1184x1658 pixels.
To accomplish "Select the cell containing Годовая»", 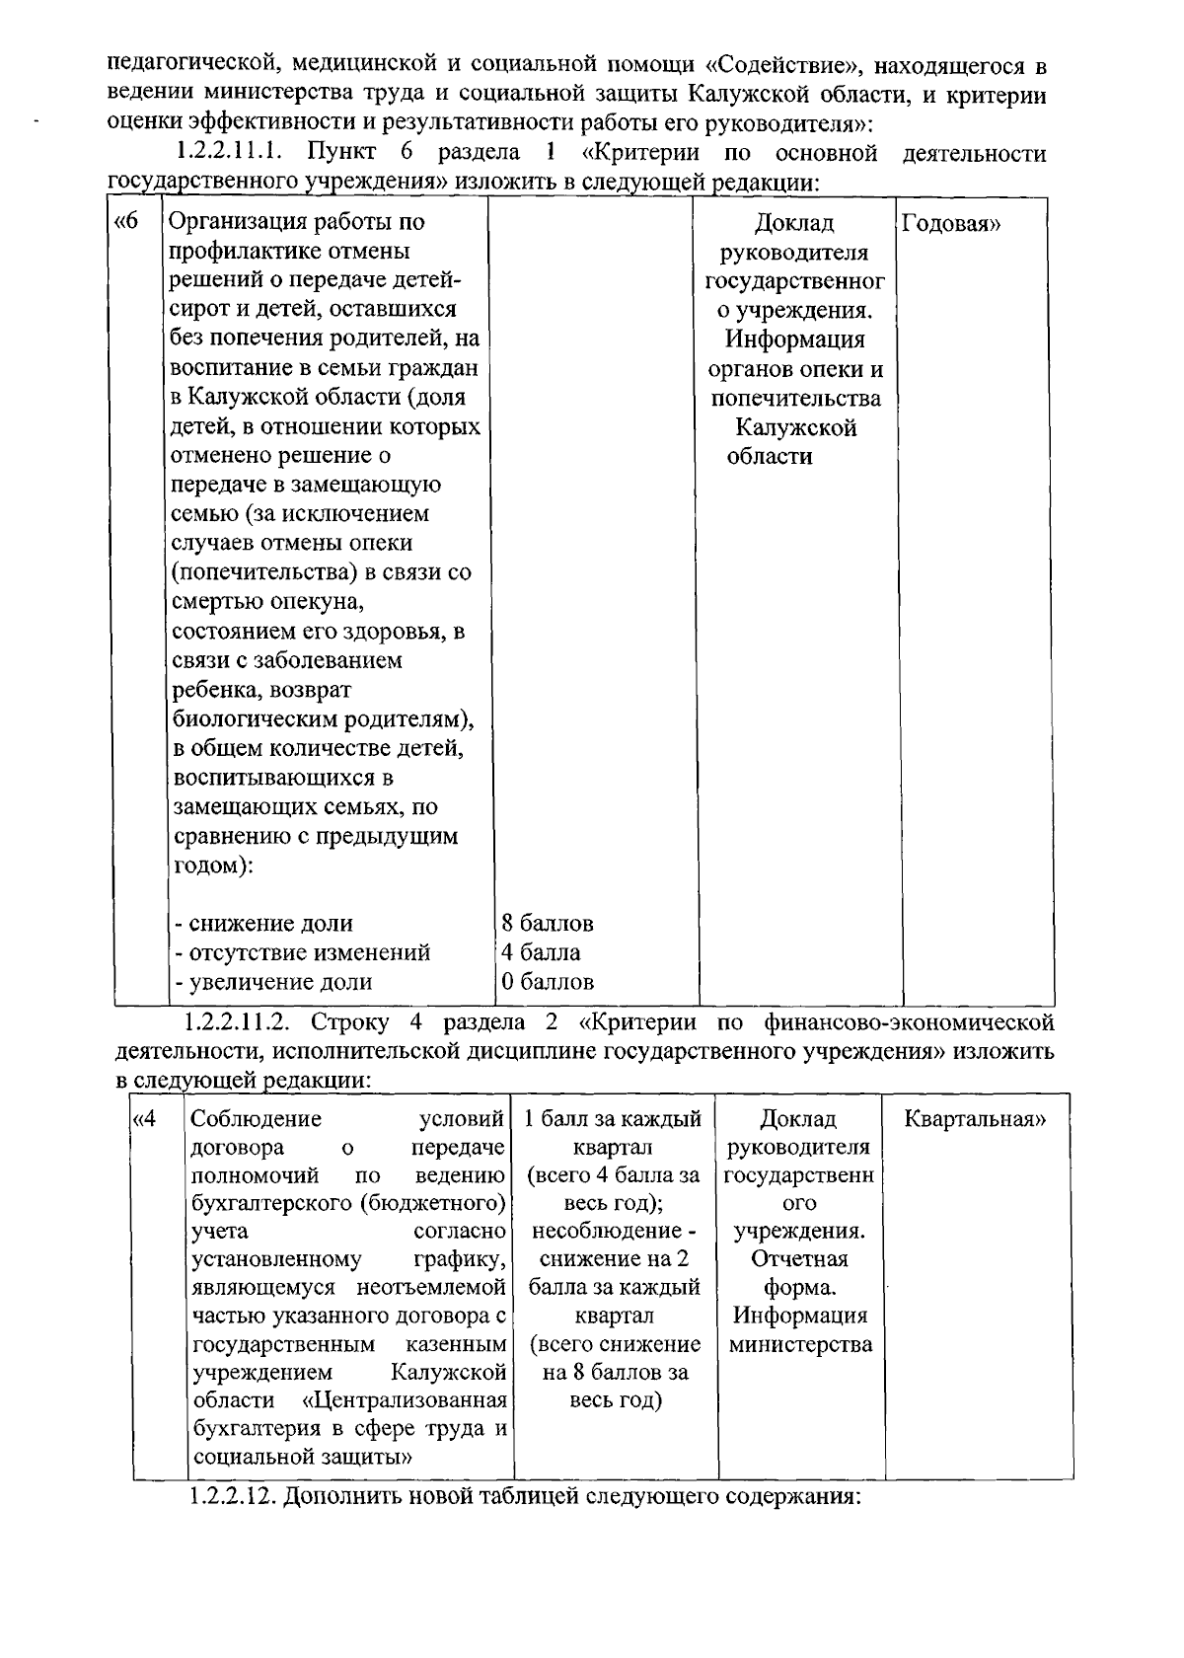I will (951, 223).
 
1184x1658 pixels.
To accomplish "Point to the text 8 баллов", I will (548, 924).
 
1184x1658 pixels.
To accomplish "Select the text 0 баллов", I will (548, 982).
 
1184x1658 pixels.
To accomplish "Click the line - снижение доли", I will (263, 924).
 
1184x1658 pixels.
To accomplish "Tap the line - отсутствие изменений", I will (302, 953).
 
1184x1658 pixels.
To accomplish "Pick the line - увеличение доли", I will (273, 982).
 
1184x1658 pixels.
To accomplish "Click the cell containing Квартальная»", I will (975, 1119).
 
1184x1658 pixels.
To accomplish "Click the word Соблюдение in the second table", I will (257, 1119).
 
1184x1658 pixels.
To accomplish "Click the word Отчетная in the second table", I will (799, 1259).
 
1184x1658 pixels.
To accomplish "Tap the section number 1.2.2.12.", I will (233, 1495).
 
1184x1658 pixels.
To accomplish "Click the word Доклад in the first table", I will (794, 223).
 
